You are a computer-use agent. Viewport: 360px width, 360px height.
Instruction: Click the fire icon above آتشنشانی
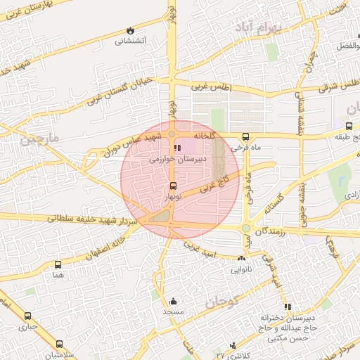tap(130, 30)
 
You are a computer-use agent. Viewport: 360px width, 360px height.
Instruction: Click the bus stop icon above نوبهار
tap(174, 186)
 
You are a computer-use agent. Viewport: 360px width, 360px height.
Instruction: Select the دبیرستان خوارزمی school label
tap(177, 160)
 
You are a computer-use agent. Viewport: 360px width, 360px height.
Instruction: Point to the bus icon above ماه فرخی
tap(245, 137)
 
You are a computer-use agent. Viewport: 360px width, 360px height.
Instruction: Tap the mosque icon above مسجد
tap(173, 302)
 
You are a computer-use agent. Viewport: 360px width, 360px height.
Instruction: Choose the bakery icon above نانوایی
tap(243, 259)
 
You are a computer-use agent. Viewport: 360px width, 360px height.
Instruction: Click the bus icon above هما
tap(57, 265)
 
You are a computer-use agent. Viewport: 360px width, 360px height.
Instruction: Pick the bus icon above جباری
tap(28, 316)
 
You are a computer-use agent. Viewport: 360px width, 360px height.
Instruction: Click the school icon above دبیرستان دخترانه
tap(288, 307)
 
